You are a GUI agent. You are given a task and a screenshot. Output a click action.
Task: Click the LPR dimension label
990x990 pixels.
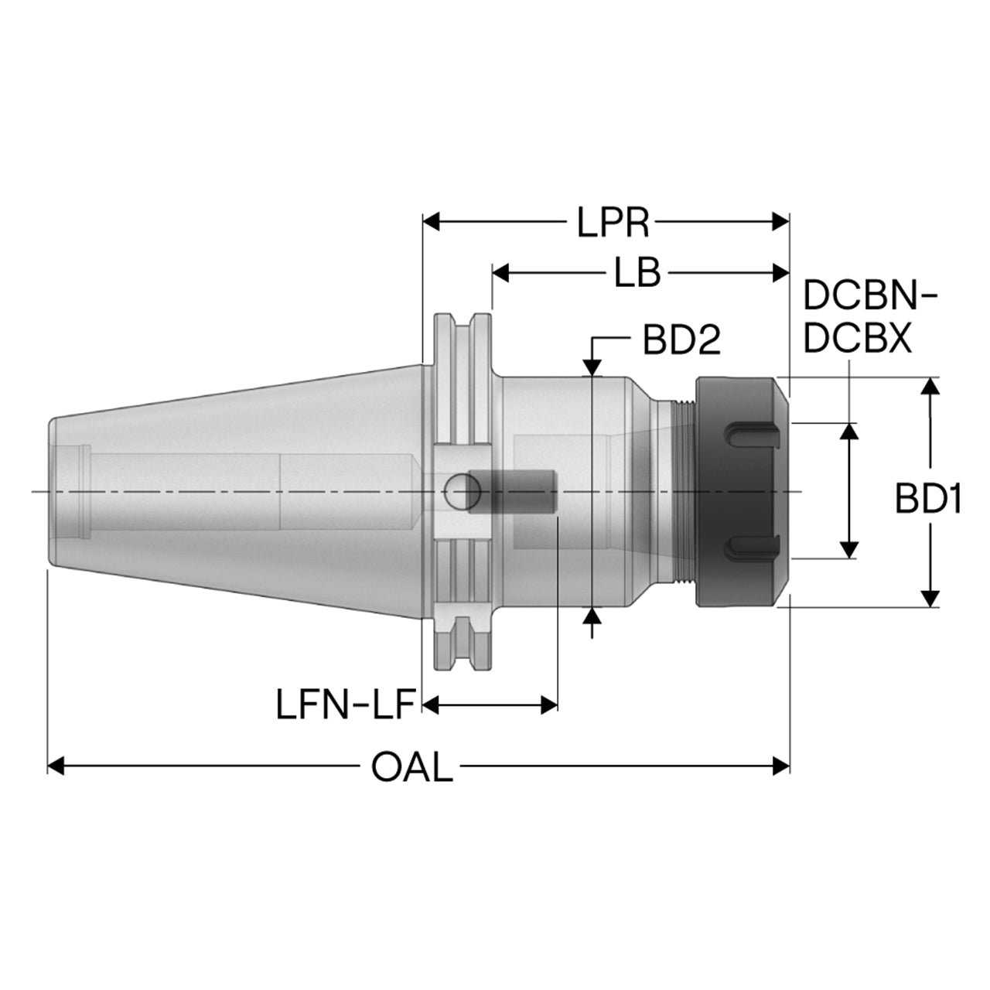pyautogui.click(x=613, y=223)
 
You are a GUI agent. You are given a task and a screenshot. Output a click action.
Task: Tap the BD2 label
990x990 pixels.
pyautogui.click(x=681, y=339)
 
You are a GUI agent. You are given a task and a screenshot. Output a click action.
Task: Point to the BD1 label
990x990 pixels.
pyautogui.click(x=927, y=498)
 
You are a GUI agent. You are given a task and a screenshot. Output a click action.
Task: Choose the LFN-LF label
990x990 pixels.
pyautogui.click(x=345, y=705)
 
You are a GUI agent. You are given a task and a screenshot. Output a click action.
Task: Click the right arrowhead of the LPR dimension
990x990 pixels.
pyautogui.click(x=781, y=222)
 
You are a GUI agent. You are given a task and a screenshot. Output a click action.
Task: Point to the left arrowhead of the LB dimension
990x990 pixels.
pyautogui.click(x=500, y=272)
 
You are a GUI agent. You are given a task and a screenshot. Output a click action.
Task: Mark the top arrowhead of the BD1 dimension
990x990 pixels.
pyautogui.click(x=930, y=386)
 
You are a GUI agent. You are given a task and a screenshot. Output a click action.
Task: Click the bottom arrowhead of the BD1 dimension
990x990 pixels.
pyautogui.click(x=930, y=598)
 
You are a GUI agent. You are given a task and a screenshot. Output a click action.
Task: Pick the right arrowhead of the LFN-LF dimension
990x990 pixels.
pyautogui.click(x=549, y=705)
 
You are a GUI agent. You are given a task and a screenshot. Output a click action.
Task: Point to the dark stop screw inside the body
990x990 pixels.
pyautogui.click(x=512, y=492)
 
